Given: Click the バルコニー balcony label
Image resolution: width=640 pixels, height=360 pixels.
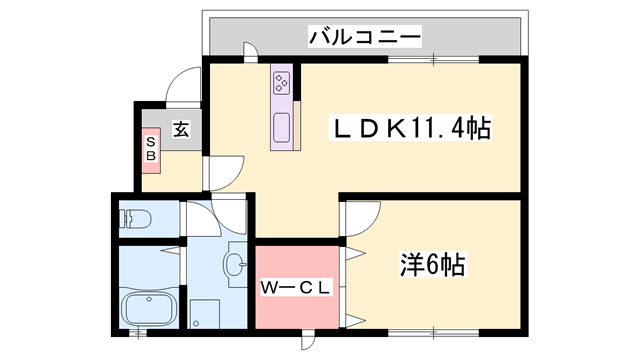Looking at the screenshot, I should pos(364,38).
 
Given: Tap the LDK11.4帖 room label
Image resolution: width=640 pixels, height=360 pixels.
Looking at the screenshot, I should pos(410,128).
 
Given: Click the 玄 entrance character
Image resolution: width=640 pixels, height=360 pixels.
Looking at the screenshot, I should pos(181,128).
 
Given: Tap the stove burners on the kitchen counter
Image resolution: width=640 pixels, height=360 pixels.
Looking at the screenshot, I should pos(282,83).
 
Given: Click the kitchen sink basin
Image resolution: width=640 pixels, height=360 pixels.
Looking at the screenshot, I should pos(282,128).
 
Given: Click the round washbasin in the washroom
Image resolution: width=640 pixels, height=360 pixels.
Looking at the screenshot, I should pos(236,265).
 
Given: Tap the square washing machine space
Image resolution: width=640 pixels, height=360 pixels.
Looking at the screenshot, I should pos(206,313).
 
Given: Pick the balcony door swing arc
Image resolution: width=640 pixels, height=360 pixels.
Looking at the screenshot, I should pos(251,52).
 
